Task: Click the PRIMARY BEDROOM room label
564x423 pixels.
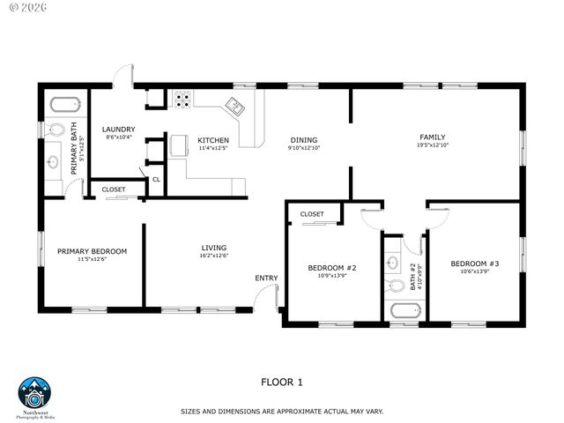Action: click(x=92, y=251)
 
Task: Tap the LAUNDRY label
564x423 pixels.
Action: click(x=118, y=129)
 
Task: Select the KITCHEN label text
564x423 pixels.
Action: click(x=213, y=140)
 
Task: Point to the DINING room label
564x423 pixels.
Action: click(x=304, y=140)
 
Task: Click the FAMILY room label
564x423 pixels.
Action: click(x=432, y=137)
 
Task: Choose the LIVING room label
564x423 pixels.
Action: click(x=214, y=248)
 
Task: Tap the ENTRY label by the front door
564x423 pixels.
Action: click(x=266, y=278)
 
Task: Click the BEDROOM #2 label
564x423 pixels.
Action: click(x=331, y=267)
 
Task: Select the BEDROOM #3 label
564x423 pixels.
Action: click(x=475, y=263)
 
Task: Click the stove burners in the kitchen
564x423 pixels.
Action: click(x=182, y=100)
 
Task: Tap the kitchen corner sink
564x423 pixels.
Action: click(x=236, y=107)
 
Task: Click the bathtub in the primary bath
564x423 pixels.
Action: click(x=64, y=104)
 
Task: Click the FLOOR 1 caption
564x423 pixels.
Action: click(x=282, y=382)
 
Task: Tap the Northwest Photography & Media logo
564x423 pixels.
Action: click(x=35, y=394)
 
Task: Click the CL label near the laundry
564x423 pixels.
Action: click(x=156, y=180)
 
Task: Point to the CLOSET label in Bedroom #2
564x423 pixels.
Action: click(x=312, y=214)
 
